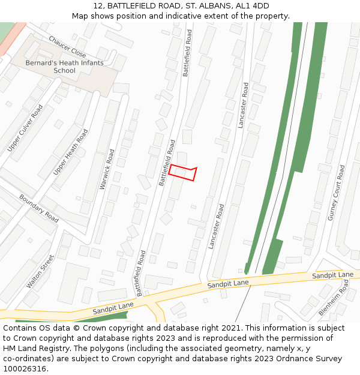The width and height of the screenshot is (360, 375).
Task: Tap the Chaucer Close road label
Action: click(x=67, y=46)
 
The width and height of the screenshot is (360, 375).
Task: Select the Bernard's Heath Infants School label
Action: click(x=64, y=67)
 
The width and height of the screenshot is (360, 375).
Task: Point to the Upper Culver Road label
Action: click(x=25, y=127)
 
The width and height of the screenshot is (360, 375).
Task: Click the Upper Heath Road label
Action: click(x=70, y=152)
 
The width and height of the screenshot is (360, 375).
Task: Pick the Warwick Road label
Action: click(x=107, y=169)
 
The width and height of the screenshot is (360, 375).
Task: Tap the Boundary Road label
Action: click(x=39, y=208)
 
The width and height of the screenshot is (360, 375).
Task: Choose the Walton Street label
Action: click(x=40, y=271)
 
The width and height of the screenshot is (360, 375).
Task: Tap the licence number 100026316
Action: click(x=25, y=369)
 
